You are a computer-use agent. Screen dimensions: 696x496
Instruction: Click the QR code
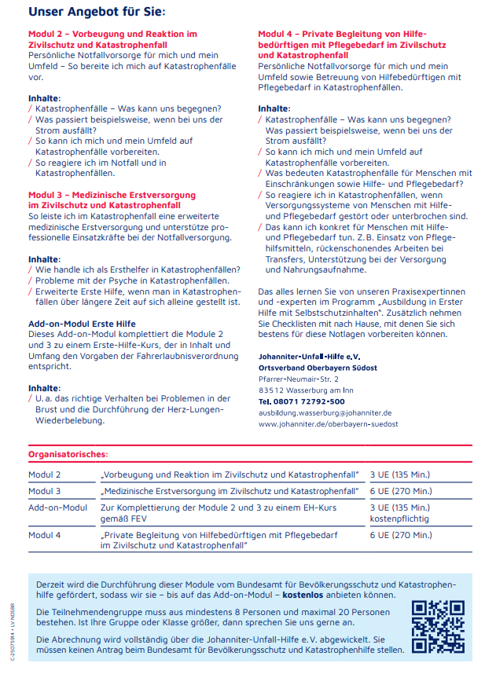pos(438,626)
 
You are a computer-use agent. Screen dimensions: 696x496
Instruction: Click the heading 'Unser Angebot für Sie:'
pos(97,12)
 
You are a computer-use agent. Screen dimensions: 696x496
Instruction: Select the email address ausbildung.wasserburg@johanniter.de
pos(325,412)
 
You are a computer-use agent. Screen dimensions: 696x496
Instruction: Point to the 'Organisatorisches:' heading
pos(68,454)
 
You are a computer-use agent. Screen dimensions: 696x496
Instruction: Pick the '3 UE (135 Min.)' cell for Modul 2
pos(399,475)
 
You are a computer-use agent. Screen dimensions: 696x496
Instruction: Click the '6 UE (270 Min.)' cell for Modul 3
pos(400,491)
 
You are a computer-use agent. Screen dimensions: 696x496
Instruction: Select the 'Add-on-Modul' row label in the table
pos(57,507)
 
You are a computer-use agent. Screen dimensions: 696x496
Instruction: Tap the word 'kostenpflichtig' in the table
pos(399,519)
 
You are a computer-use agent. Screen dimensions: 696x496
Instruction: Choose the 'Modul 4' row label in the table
pos(45,535)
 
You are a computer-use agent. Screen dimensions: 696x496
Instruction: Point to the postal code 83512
pos(271,390)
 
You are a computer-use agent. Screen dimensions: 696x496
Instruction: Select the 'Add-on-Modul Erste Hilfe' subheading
pos(82,324)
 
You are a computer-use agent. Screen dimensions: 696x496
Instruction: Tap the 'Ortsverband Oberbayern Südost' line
pos(318,368)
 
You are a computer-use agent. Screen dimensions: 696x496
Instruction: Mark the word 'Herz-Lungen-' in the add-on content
pos(191,409)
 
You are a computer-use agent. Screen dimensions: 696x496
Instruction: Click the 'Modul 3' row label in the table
pos(45,491)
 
